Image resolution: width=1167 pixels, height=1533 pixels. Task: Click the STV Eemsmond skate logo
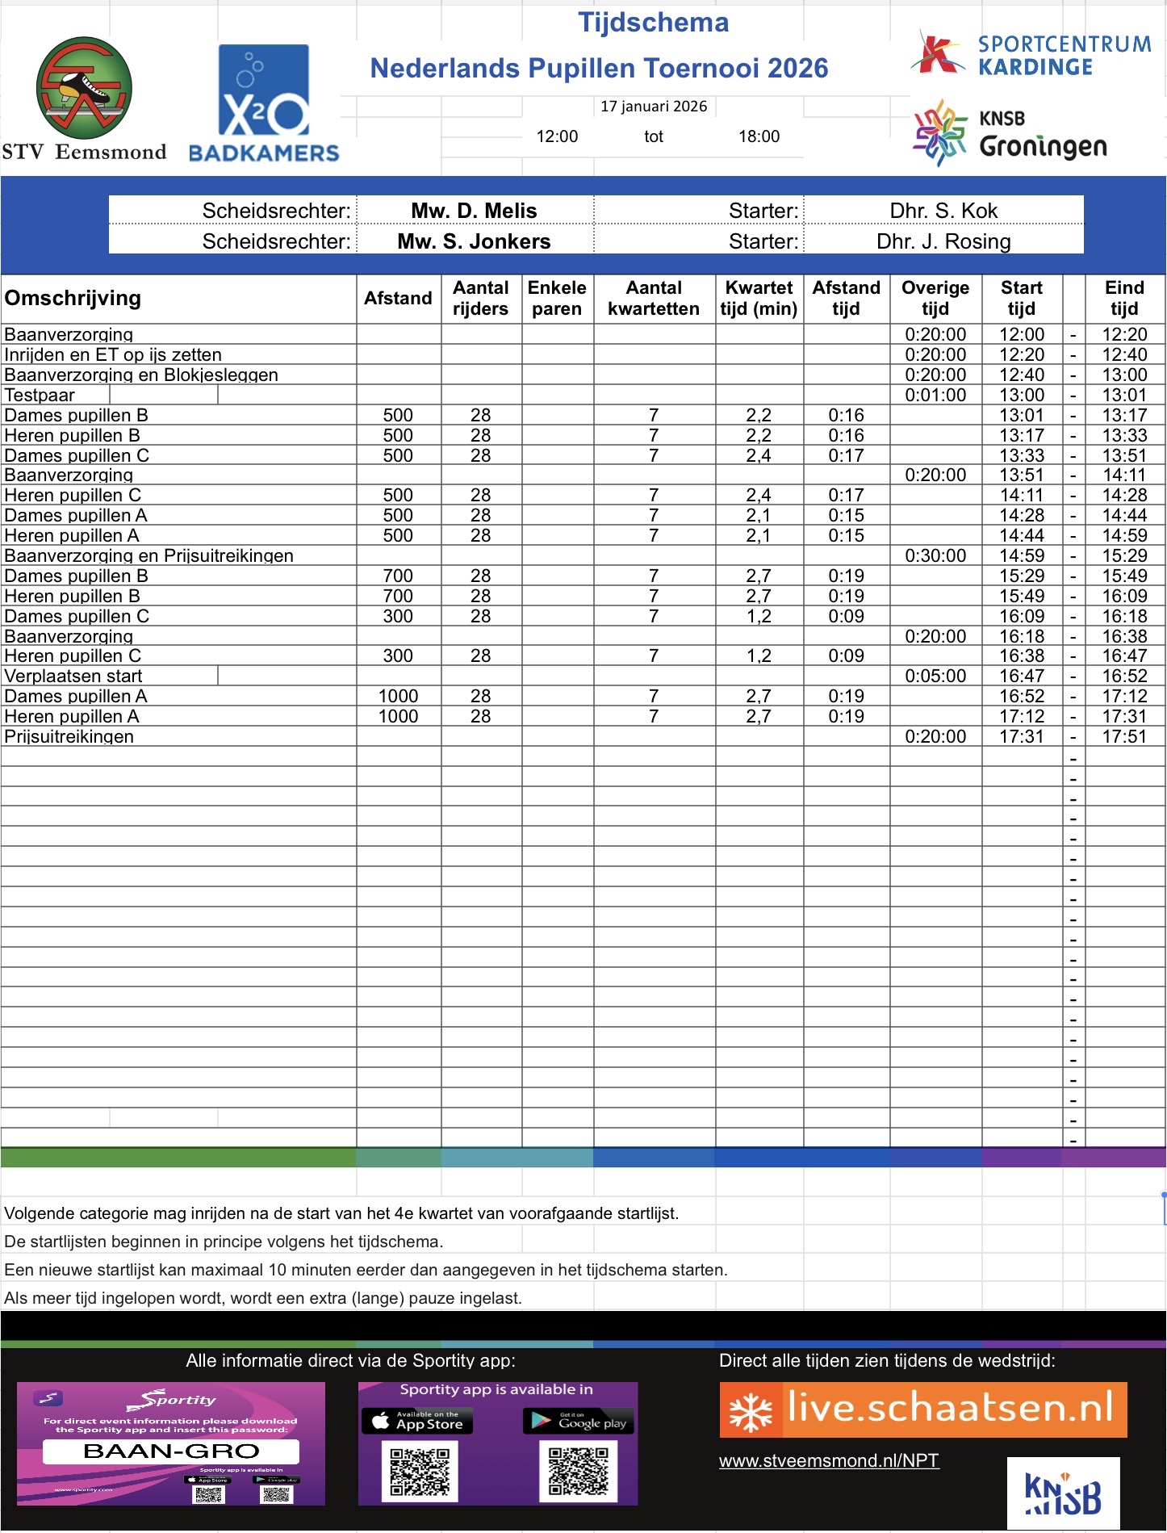pos(84,87)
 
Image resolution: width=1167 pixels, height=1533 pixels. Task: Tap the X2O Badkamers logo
pos(263,103)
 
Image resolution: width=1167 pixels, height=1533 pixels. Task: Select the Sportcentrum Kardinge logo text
pos(1064,55)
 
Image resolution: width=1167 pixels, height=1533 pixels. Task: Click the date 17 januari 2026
pos(653,107)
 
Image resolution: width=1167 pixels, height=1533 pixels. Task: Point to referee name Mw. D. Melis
pos(474,211)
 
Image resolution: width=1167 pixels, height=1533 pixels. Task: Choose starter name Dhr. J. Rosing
pos(943,241)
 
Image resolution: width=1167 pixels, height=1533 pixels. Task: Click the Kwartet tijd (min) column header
pos(759,299)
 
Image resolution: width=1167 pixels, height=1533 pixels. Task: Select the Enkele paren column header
pos(557,299)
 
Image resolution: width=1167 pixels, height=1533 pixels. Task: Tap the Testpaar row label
pos(40,395)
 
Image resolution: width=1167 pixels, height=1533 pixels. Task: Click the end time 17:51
pos(1124,736)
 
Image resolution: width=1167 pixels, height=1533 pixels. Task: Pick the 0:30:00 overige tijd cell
pos(935,555)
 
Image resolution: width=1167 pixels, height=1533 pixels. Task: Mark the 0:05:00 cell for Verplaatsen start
pos(935,676)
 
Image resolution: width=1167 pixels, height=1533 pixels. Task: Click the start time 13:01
pos(1021,415)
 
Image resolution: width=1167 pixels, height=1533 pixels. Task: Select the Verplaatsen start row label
pos(73,676)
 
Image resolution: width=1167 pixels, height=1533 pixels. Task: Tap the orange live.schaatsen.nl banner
pos(922,1409)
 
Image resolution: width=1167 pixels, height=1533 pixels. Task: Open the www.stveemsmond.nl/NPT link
pos(829,1460)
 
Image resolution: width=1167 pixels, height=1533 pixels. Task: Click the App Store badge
pos(417,1421)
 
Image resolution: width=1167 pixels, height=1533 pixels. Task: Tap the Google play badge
pos(579,1421)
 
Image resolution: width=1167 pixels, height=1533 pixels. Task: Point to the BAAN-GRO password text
pos(171,1451)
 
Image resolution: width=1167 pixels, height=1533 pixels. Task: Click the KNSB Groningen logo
pos(1010,134)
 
